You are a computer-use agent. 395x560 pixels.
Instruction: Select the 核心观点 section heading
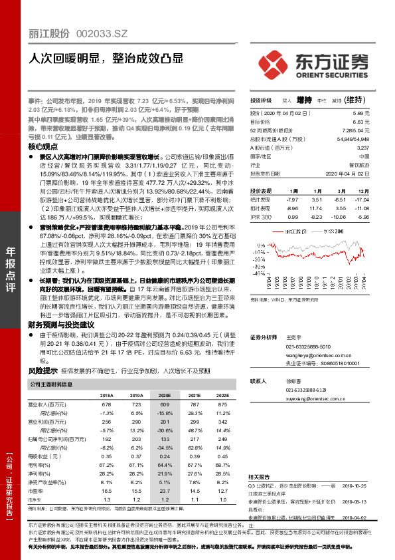tap(42, 146)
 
